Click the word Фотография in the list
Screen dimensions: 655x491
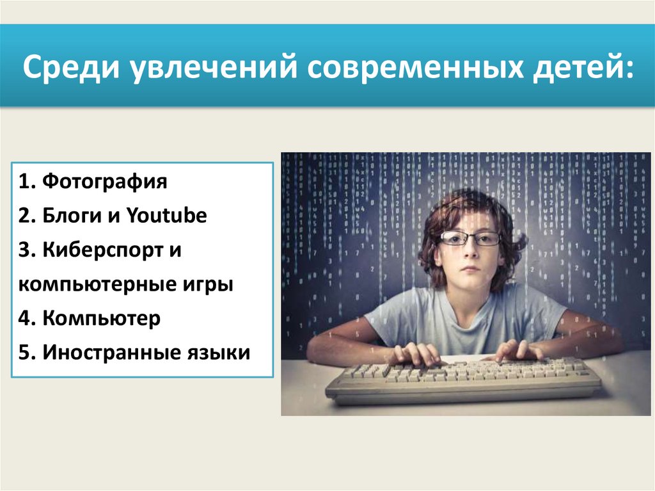[105, 181]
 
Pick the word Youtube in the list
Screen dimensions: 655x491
[166, 215]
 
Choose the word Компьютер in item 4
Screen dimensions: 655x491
[101, 319]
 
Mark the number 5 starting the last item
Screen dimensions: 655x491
[24, 352]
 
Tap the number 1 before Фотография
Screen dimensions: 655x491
[24, 181]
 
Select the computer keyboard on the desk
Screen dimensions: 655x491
[463, 381]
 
